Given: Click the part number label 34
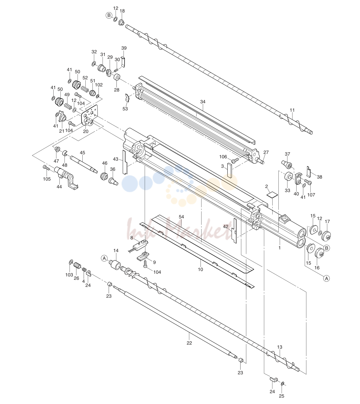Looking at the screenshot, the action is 203,102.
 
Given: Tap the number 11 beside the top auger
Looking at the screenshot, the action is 292,110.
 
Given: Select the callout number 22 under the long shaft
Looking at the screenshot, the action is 189,343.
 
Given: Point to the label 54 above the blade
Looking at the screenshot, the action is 181,217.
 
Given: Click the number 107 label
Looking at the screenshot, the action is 311,195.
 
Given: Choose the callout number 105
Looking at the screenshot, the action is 47,179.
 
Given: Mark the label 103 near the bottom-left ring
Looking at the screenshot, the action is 69,275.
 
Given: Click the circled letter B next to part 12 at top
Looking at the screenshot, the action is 109,16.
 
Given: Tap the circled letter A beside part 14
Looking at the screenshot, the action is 104,258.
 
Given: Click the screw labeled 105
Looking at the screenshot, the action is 47,168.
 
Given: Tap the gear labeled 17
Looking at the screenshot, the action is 327,235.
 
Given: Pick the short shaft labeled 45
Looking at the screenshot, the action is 84,164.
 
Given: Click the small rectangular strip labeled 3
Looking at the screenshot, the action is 230,170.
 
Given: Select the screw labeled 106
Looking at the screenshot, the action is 235,161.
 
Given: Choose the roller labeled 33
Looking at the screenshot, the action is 288,177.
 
